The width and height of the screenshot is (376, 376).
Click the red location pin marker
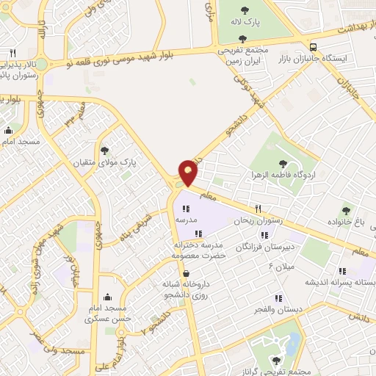click(188, 173)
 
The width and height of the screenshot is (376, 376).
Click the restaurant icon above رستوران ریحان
click(258, 209)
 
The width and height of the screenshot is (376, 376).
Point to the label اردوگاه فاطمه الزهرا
click(283, 175)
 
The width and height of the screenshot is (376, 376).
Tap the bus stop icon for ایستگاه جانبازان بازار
click(314, 44)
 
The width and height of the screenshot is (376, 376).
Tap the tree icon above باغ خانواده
click(345, 210)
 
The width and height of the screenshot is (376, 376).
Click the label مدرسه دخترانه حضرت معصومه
click(198, 250)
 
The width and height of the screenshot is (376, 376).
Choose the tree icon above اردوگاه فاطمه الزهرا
click(283, 164)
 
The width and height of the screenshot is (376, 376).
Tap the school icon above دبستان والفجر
click(278, 298)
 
